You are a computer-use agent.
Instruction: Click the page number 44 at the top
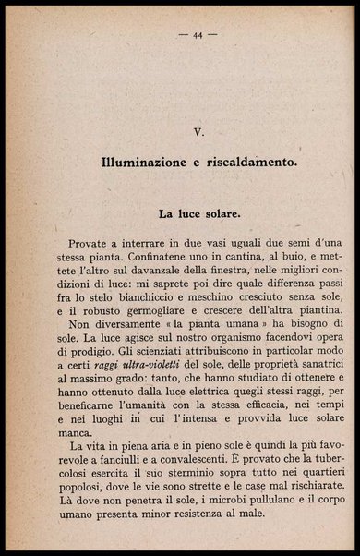click(198, 35)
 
